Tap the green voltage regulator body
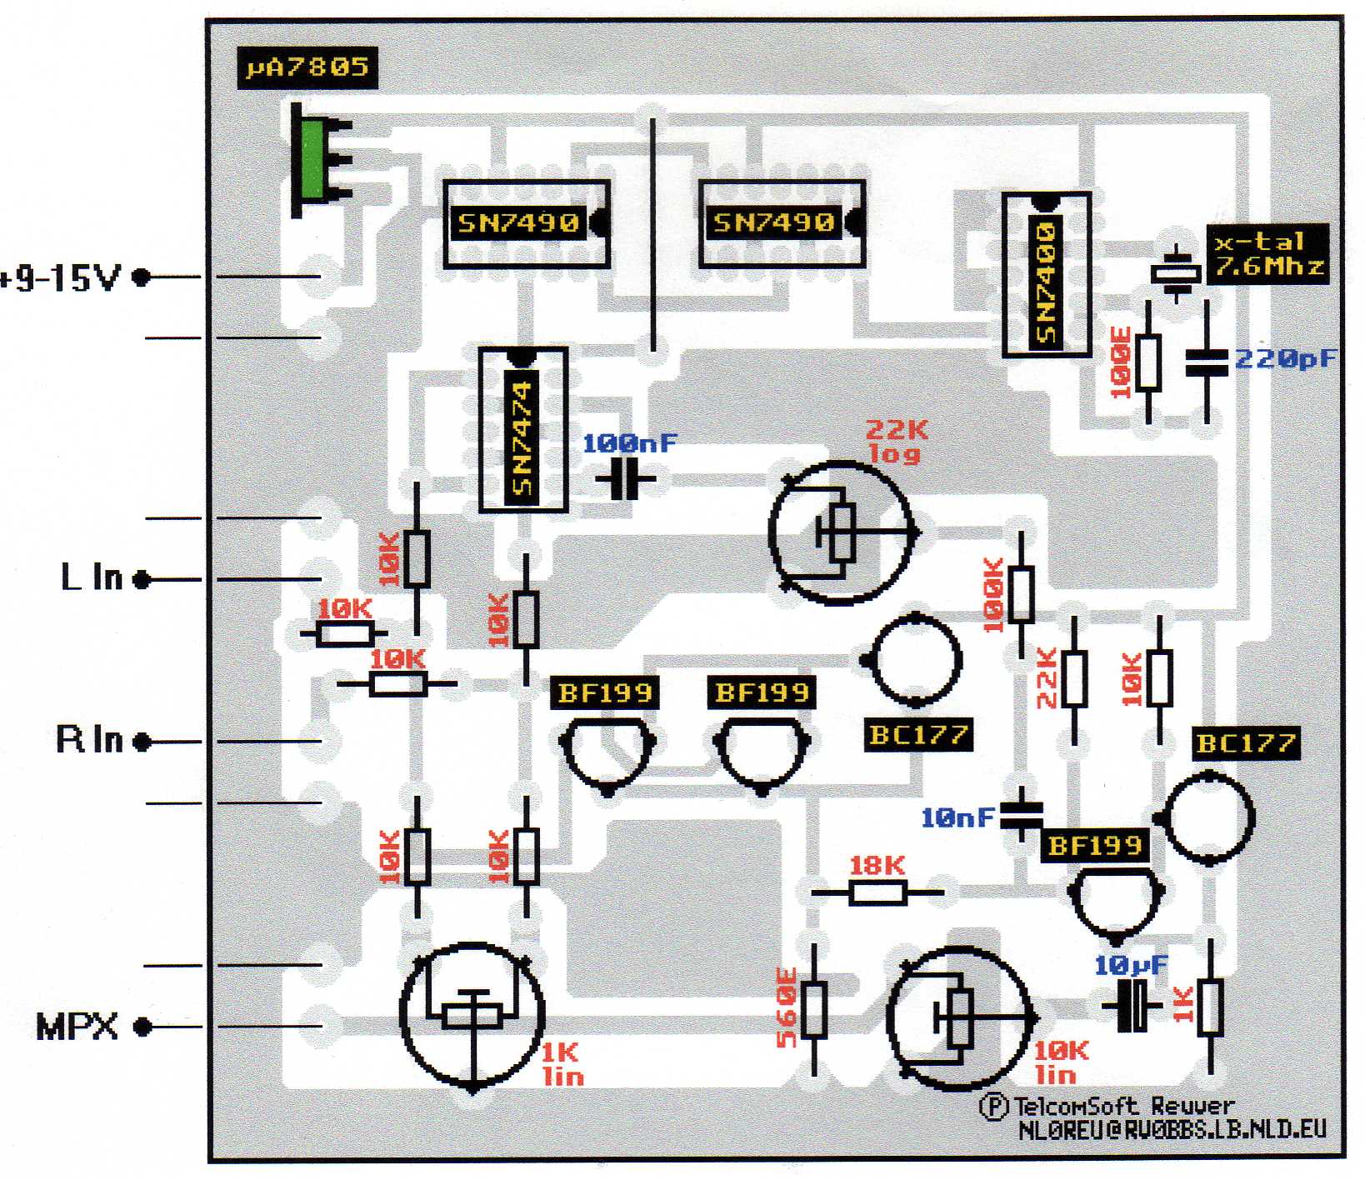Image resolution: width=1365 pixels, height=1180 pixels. tap(313, 158)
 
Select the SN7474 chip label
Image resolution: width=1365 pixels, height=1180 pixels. tap(522, 437)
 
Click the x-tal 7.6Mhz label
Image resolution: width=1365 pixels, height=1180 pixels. tap(1267, 254)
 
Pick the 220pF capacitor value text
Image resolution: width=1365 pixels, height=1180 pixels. tap(1284, 359)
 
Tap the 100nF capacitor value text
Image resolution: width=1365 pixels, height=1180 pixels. tap(629, 443)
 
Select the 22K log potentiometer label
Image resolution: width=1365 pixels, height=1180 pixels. tap(896, 442)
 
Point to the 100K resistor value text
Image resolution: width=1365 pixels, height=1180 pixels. tap(992, 595)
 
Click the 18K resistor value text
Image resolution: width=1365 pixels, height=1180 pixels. tap(877, 866)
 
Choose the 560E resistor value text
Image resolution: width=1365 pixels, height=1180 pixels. tap(787, 1007)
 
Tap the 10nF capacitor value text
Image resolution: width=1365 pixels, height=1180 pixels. tap(957, 818)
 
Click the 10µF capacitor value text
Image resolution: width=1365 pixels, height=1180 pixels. tap(1131, 965)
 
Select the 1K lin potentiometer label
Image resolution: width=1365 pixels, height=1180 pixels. tap(562, 1064)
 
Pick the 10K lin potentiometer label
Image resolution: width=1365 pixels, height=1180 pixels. tap(1061, 1062)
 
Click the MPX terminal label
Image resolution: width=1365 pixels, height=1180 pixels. tap(77, 1027)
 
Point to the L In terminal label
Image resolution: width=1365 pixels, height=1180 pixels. tap(92, 577)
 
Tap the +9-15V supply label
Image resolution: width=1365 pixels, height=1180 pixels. tap(62, 278)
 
